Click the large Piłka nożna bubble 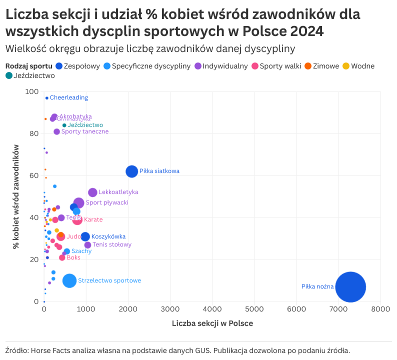[x=350, y=287]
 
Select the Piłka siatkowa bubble [x=131, y=171]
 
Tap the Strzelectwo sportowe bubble [x=69, y=280]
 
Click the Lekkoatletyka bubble [x=92, y=192]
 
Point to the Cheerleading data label [x=68, y=97]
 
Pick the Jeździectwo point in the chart [x=64, y=125]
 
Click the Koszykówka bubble [x=85, y=237]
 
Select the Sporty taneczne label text [x=84, y=131]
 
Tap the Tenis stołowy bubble [x=88, y=245]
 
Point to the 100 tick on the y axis [x=32, y=91]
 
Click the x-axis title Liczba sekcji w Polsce [x=212, y=323]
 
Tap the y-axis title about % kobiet [x=16, y=196]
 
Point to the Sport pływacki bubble [x=78, y=202]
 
